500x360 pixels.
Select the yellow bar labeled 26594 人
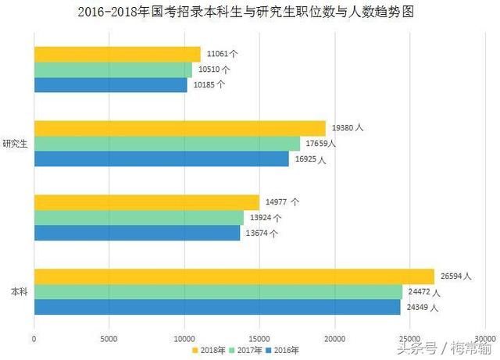(234, 276)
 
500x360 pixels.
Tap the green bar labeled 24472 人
(218, 292)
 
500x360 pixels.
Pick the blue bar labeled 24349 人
(217, 307)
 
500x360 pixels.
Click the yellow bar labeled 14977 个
(146, 202)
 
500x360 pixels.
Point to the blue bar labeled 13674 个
(137, 233)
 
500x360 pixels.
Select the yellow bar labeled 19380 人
(180, 128)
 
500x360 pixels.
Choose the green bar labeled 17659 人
(167, 144)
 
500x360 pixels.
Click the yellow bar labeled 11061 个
(117, 54)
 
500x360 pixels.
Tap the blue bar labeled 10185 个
(110, 84)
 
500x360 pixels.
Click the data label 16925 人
(310, 159)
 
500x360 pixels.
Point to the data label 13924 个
(266, 218)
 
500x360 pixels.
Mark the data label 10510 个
(213, 70)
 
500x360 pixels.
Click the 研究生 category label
(15, 144)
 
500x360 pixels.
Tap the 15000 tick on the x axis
(259, 337)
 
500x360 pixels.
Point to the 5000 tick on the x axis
(109, 337)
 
